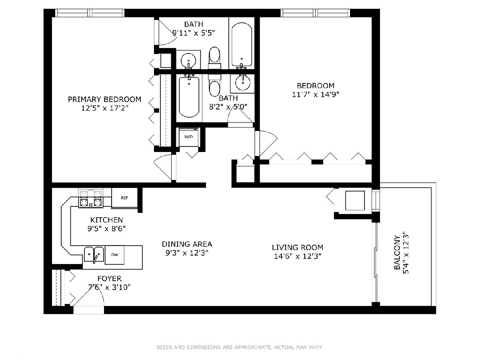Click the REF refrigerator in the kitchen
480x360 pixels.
(x=124, y=198)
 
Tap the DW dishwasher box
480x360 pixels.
(x=114, y=255)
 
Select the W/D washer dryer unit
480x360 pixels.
(x=188, y=137)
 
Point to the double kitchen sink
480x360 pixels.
(x=94, y=254)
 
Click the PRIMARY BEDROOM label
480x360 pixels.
(x=104, y=100)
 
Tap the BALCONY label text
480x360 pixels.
(x=397, y=253)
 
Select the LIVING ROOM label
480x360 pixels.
(x=298, y=248)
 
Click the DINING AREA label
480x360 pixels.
(x=187, y=244)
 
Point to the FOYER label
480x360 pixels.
(x=109, y=278)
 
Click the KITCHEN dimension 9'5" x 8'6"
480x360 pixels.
(x=106, y=229)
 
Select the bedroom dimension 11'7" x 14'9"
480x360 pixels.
(x=316, y=94)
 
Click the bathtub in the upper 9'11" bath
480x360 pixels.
(x=242, y=44)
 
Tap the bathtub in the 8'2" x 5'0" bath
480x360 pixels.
(x=189, y=97)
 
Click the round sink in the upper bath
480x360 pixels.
(x=188, y=60)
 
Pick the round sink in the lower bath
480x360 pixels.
(x=242, y=83)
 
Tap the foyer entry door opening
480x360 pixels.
(x=88, y=310)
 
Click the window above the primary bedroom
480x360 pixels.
(x=90, y=13)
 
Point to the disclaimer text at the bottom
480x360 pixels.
(x=240, y=347)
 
